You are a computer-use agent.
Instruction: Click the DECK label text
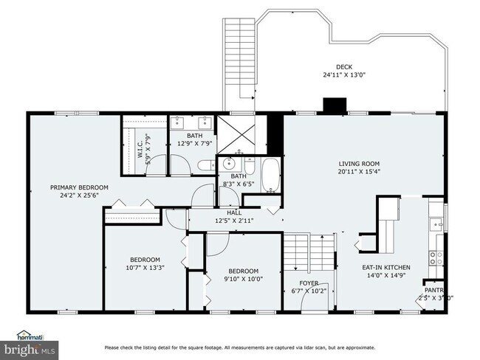(345, 66)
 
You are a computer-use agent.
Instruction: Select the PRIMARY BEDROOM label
(79, 187)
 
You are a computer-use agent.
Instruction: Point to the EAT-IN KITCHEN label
(385, 268)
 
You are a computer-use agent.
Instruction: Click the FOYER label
(308, 283)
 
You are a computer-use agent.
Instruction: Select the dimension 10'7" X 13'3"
(145, 269)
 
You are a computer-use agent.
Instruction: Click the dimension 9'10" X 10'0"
(243, 279)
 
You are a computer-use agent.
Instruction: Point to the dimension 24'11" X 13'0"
(345, 75)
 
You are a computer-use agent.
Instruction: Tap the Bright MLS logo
(30, 348)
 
